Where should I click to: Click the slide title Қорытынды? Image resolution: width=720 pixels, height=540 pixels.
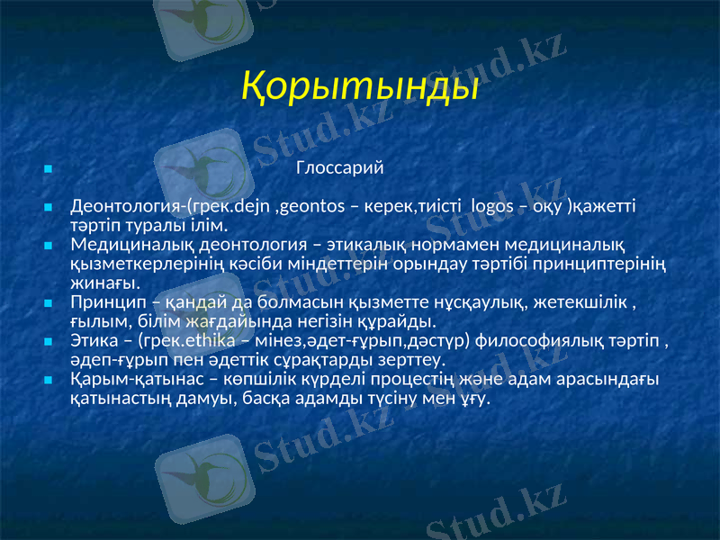360,87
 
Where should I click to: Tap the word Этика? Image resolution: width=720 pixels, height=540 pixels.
93,341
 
